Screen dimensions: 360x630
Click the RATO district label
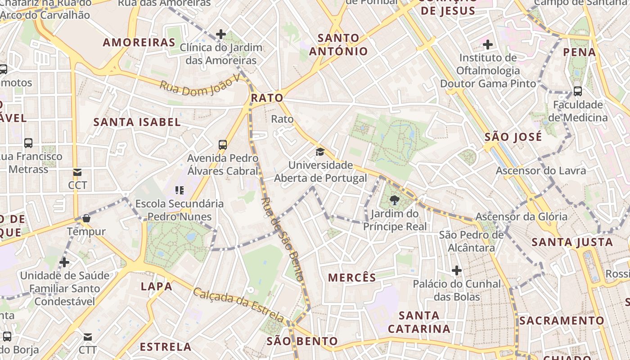tap(267, 98)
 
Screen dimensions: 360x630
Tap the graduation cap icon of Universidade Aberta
tap(320, 152)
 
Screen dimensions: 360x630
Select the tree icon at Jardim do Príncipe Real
tap(395, 200)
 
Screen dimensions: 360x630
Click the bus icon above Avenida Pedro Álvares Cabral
tap(223, 144)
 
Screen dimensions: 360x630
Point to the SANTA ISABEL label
tap(137, 122)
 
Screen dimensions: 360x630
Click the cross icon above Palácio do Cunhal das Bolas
tap(457, 270)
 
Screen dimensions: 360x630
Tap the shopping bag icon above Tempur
tap(86, 218)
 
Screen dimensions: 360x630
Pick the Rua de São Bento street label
tap(282, 239)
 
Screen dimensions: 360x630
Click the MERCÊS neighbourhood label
tap(352, 277)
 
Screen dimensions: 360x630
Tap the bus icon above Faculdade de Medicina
tap(578, 91)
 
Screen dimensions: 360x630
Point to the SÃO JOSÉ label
tap(513, 137)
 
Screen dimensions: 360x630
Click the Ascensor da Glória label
tap(522, 216)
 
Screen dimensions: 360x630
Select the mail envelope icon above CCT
tap(77, 172)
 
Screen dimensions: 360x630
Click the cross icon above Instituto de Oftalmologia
tap(487, 45)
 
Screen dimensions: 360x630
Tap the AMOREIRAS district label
tap(139, 43)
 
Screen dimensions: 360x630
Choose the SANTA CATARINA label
tap(419, 322)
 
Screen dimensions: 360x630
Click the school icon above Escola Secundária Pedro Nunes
tap(180, 190)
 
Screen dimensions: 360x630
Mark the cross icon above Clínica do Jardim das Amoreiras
tap(220, 34)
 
